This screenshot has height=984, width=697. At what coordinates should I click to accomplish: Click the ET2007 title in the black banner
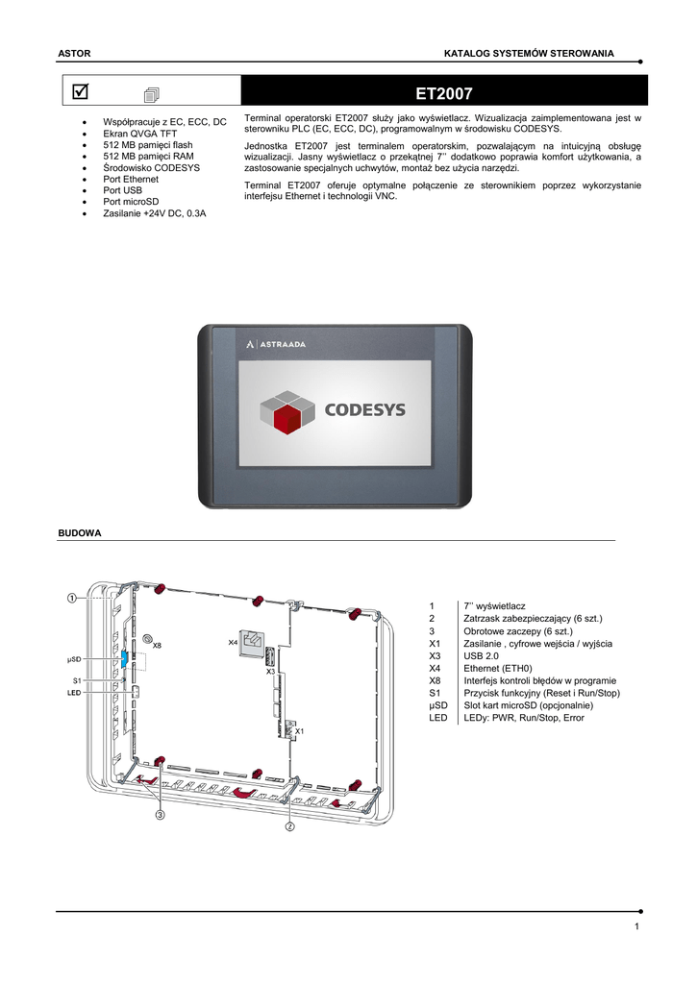(443, 93)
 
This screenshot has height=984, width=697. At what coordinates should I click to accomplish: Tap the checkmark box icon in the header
(80, 91)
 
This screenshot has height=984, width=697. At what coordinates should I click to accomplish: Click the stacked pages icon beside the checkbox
(153, 93)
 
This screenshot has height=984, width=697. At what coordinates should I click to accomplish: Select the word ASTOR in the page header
(73, 51)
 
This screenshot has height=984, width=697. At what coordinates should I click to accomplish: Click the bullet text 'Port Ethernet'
(132, 179)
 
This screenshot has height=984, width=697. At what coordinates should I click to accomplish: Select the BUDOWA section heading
(80, 532)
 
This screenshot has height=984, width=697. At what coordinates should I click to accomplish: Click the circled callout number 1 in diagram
(72, 598)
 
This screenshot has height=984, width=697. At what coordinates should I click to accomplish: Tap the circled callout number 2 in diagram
(289, 825)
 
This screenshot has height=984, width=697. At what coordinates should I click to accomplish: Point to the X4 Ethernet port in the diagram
(252, 642)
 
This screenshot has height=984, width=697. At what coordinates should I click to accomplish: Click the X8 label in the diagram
(157, 646)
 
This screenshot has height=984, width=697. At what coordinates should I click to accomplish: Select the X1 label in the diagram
(299, 731)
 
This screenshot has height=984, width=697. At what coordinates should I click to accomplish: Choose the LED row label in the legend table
(437, 718)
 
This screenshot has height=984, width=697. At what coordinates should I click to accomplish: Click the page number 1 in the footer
(636, 926)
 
